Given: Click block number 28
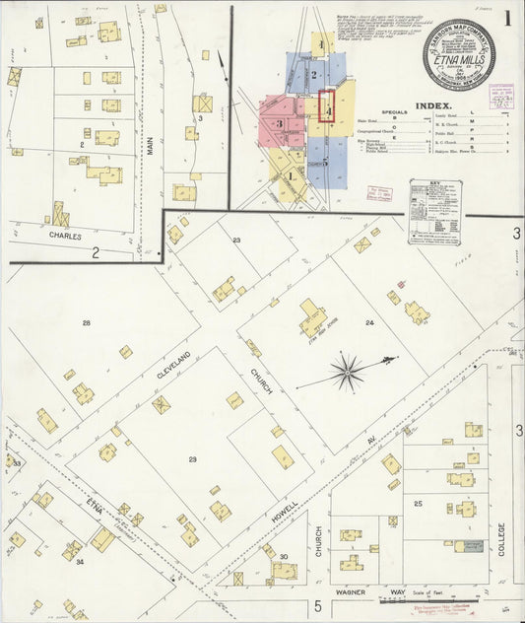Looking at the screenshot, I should (87, 323).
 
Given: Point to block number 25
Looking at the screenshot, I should (418, 504).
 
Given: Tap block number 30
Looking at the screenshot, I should (283, 557).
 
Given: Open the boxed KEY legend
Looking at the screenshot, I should (435, 211).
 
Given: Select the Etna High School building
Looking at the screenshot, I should (313, 317).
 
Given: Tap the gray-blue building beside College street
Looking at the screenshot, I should (468, 545).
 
